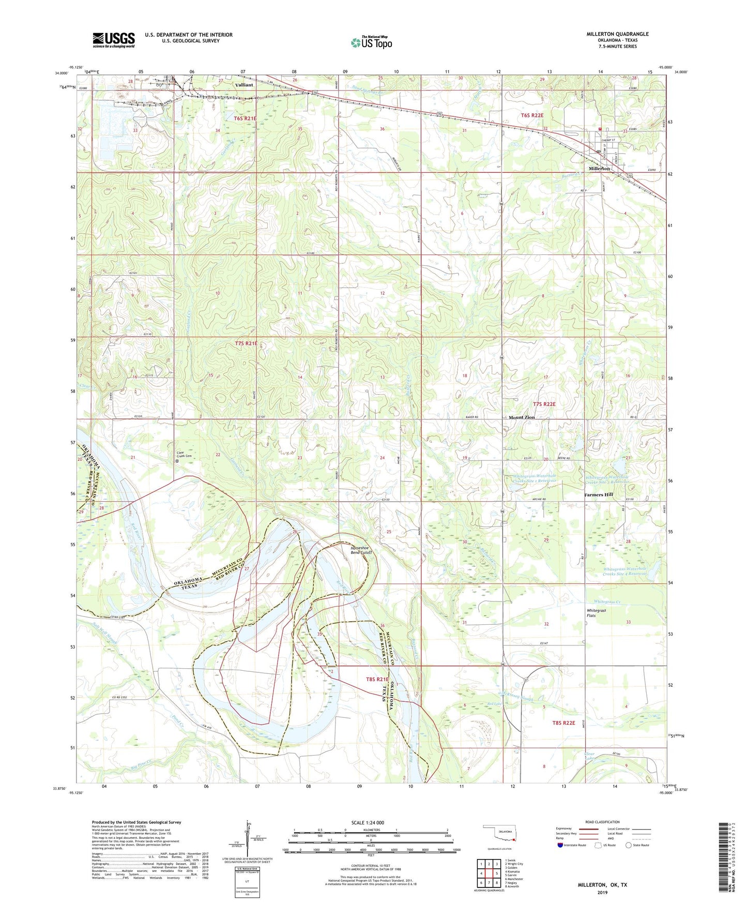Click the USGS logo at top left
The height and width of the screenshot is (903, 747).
(114, 40)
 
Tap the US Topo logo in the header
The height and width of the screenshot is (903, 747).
(371, 42)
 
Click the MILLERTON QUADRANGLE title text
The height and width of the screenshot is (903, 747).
(617, 34)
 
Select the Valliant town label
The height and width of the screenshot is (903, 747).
(244, 85)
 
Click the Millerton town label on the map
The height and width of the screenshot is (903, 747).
(599, 169)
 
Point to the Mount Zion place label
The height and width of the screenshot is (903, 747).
(522, 417)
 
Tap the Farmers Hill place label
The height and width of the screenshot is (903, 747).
(598, 494)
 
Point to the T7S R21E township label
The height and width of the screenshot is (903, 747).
(246, 343)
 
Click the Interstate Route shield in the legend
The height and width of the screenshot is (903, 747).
(560, 845)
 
